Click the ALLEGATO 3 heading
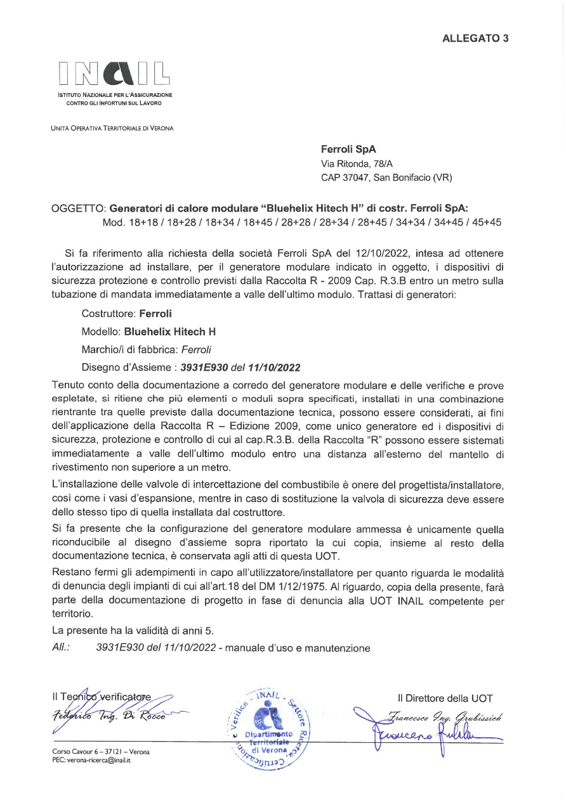coord(475,38)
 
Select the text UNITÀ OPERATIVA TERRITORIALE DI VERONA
coord(112,128)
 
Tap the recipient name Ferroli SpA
coord(348,150)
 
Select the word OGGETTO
coord(78,209)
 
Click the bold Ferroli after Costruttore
coord(155,313)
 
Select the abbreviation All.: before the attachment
coord(61,648)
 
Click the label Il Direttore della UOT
coord(445,699)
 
